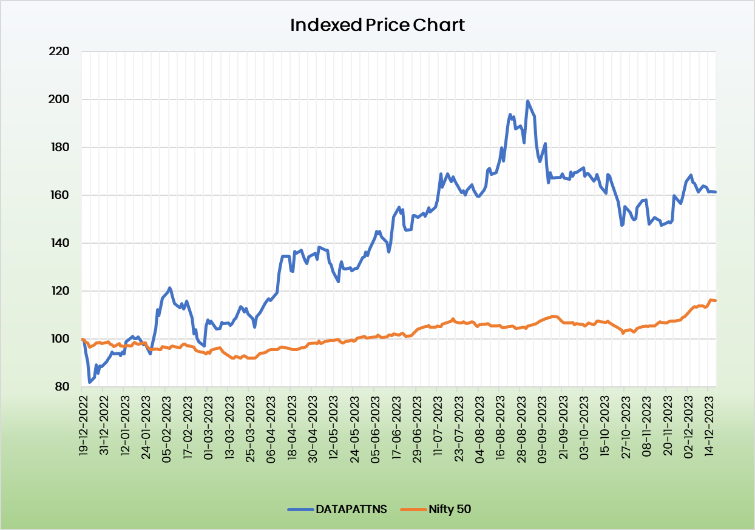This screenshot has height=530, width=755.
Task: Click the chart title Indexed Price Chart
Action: pyautogui.click(x=377, y=25)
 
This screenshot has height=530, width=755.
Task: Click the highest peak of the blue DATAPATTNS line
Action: pyautogui.click(x=527, y=101)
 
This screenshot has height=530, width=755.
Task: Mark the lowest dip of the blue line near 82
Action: pyautogui.click(x=90, y=382)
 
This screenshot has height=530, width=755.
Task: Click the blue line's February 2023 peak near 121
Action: pyautogui.click(x=169, y=288)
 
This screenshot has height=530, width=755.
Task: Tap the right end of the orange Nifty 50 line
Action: pyautogui.click(x=716, y=300)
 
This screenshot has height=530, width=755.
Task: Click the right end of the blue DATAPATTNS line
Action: pyautogui.click(x=716, y=192)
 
